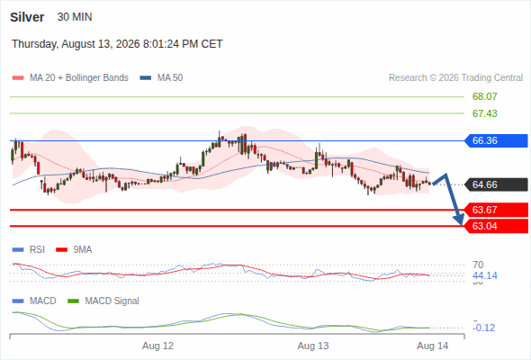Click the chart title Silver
pos(27,17)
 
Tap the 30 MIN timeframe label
pos(75,17)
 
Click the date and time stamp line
pos(117,44)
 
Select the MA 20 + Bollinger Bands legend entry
pos(70,78)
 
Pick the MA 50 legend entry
pos(161,78)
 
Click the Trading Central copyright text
pos(455,78)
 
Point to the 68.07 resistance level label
pos(484,96)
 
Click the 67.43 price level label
pos(484,113)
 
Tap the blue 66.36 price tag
pos(496,140)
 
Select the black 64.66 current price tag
pos(496,184)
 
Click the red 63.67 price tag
pos(496,210)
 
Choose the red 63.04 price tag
pos(496,226)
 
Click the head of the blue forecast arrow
pos(461,223)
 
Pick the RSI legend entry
pos(29,249)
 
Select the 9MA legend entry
pos(74,249)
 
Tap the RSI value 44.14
pos(485,275)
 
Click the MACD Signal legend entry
pos(103,301)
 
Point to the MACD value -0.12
pos(484,328)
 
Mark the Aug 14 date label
pos(433,346)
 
